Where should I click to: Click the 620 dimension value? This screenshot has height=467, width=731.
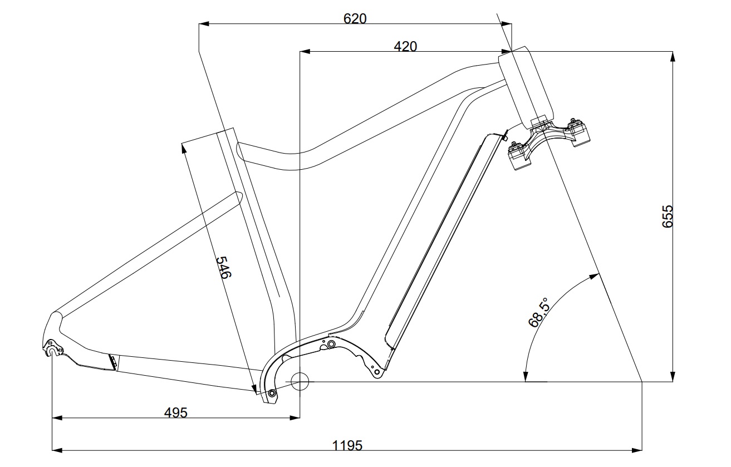(x=355, y=18)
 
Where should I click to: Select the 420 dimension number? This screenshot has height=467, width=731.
(x=405, y=47)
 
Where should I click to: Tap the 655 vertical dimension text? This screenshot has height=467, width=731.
(x=668, y=216)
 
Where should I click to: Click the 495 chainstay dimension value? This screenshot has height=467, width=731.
(x=175, y=413)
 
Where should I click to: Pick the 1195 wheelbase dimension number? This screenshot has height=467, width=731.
(x=347, y=445)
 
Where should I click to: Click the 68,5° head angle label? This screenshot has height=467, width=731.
(x=539, y=312)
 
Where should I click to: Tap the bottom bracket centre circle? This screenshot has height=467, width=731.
(x=300, y=381)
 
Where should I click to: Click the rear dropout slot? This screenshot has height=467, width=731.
(x=52, y=350)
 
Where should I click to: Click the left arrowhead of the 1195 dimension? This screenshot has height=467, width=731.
(x=57, y=450)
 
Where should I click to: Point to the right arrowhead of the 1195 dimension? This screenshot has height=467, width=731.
(x=637, y=450)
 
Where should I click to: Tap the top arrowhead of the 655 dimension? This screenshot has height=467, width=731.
(x=673, y=56)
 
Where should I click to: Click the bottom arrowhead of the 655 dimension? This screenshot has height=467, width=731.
(x=673, y=376)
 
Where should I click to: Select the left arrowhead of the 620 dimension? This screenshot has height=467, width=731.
(x=204, y=24)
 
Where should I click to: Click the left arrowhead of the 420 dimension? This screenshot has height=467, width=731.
(x=305, y=52)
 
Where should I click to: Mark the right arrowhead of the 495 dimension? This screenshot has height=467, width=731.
(x=295, y=417)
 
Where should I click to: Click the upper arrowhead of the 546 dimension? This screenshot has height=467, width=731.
(x=184, y=148)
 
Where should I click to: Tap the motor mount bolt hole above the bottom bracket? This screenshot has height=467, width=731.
(x=331, y=343)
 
